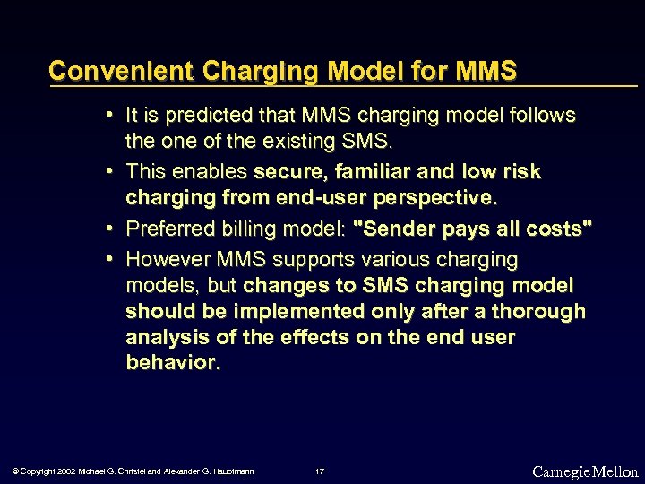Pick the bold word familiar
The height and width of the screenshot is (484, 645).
click(x=379, y=171)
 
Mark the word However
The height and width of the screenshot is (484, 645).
click(x=167, y=260)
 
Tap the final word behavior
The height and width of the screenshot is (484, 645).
click(x=172, y=363)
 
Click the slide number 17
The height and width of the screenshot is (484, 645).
click(x=320, y=471)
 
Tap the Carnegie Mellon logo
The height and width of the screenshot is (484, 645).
click(x=584, y=471)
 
